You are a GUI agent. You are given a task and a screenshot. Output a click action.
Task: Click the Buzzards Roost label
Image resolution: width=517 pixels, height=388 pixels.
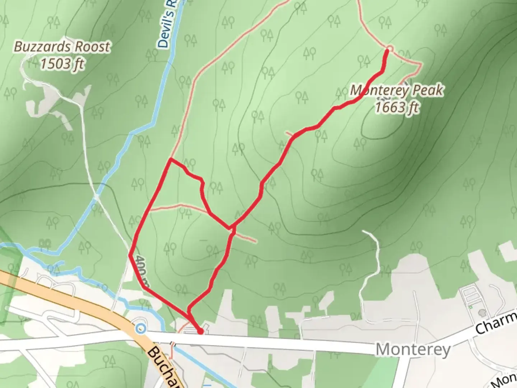point(62,47)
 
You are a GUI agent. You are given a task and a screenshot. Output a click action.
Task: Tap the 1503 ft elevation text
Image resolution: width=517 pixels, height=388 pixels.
point(62,64)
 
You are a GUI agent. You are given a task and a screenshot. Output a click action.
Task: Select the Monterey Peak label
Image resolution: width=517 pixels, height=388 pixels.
point(397,90)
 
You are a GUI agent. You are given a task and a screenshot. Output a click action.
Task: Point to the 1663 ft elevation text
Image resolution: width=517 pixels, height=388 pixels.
point(397,107)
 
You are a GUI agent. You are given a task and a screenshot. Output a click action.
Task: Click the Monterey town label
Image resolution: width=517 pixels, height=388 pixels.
point(413,349)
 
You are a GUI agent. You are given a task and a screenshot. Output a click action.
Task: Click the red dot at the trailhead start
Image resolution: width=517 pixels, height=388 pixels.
point(200,331)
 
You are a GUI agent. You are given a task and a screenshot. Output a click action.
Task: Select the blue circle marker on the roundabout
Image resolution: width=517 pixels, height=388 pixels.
point(141,328)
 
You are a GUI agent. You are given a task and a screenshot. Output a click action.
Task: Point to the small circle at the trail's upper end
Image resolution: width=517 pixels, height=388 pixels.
point(390,48)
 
